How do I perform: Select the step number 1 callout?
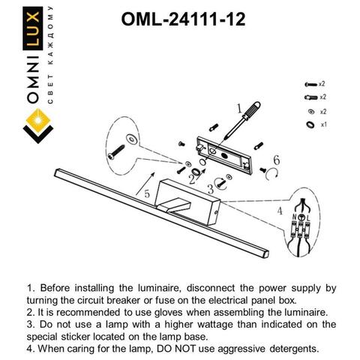pos(241,106)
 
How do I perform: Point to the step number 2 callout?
pos(193,178)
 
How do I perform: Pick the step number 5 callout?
pos(147,194)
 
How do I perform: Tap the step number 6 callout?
pos(276,160)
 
